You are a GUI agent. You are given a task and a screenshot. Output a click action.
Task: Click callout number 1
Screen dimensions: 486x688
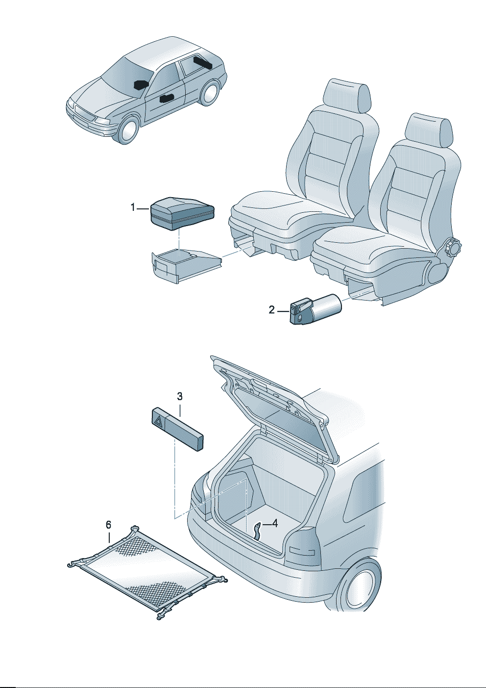133,208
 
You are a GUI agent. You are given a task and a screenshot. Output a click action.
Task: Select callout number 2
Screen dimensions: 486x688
271,310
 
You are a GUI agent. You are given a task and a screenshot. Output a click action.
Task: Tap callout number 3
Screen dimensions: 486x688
180,397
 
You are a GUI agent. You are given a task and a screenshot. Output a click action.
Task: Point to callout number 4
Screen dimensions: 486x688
275,523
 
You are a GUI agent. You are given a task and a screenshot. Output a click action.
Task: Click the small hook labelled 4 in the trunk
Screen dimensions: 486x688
257,532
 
